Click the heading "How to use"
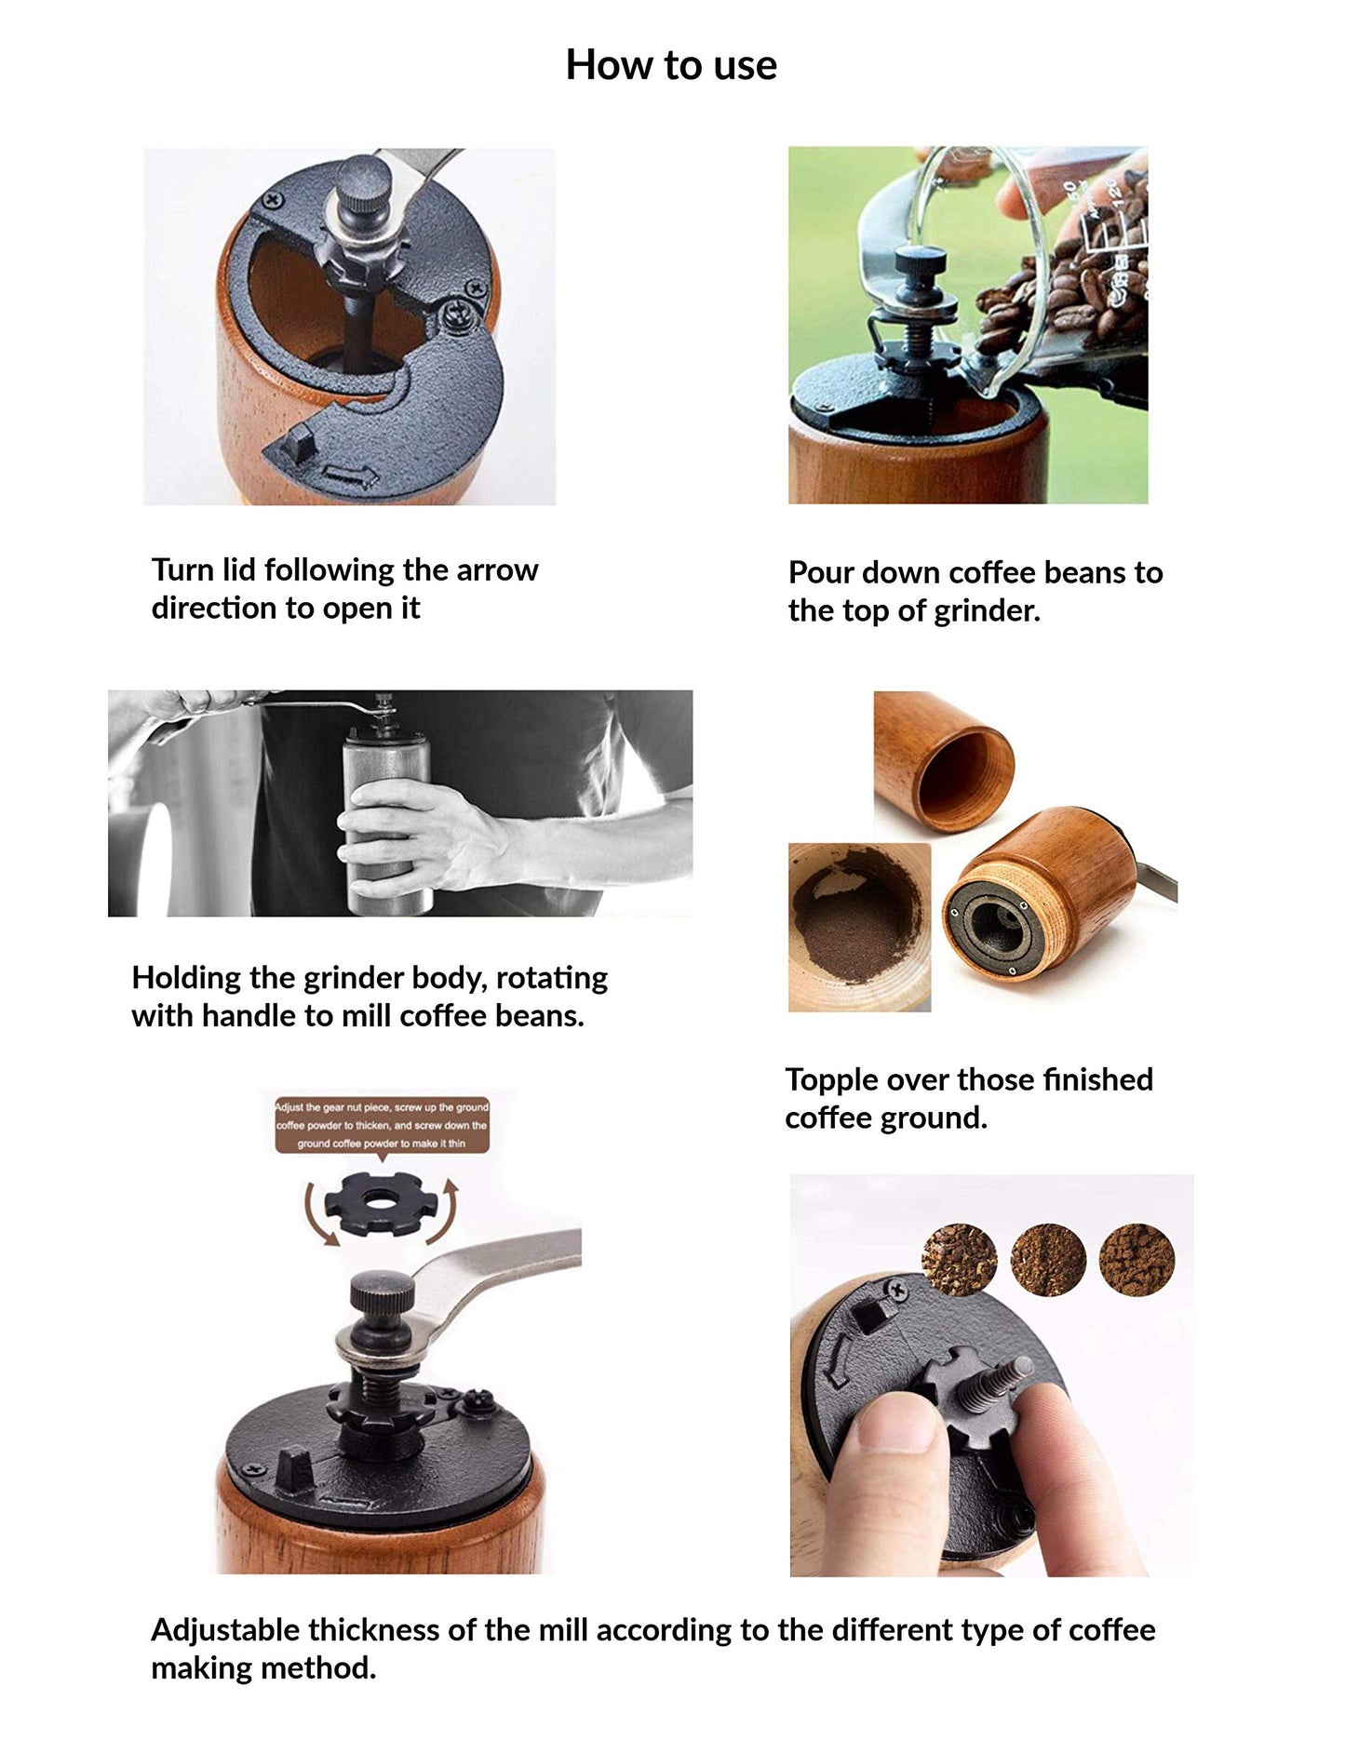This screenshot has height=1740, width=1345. (671, 65)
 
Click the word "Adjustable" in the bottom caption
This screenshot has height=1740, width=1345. (224, 1629)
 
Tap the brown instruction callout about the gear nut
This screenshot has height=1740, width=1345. (382, 1125)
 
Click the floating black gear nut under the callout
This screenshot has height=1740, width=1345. (380, 1205)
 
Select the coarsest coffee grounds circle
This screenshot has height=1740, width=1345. (959, 1260)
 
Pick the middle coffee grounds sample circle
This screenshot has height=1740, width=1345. (1048, 1260)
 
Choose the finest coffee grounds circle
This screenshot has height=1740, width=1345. (1137, 1260)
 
